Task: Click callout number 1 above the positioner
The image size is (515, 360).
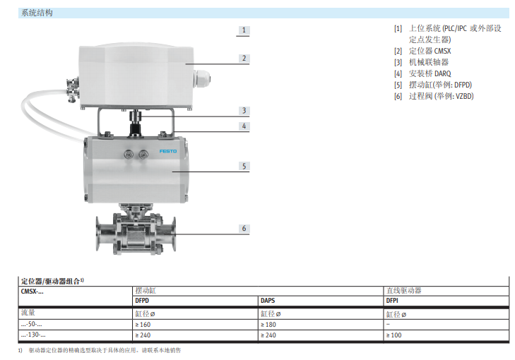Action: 244,30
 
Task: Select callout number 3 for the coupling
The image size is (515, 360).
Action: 244,111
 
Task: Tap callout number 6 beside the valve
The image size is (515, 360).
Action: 244,229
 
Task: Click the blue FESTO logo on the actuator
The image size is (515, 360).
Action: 168,151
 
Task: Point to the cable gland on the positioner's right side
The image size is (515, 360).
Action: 201,79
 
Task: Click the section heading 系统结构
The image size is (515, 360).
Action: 37,13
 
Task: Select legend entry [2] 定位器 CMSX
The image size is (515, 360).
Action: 422,51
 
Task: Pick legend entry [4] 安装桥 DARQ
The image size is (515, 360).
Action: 422,73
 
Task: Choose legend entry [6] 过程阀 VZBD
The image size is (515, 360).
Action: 434,96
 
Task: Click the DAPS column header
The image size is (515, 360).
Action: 268,301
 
